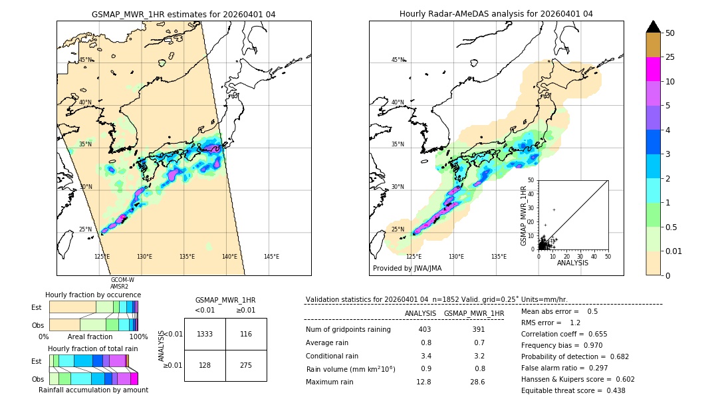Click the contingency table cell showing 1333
pyautogui.click(x=205, y=334)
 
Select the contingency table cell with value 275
pyautogui.click(x=246, y=365)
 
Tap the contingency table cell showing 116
pyautogui.click(x=246, y=334)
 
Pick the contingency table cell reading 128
pyautogui.click(x=205, y=365)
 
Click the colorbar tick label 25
pyautogui.click(x=670, y=58)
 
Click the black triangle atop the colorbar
pyautogui.click(x=653, y=27)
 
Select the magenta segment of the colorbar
pyautogui.click(x=653, y=69)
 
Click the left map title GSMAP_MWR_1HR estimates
pyautogui.click(x=183, y=14)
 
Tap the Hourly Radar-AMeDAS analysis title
pyautogui.click(x=496, y=14)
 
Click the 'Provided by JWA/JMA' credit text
pyautogui.click(x=407, y=268)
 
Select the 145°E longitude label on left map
pyautogui.click(x=271, y=257)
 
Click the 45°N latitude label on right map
pyautogui.click(x=398, y=60)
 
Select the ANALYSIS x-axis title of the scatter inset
pyautogui.click(x=572, y=263)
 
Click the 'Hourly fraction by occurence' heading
pyautogui.click(x=93, y=295)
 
